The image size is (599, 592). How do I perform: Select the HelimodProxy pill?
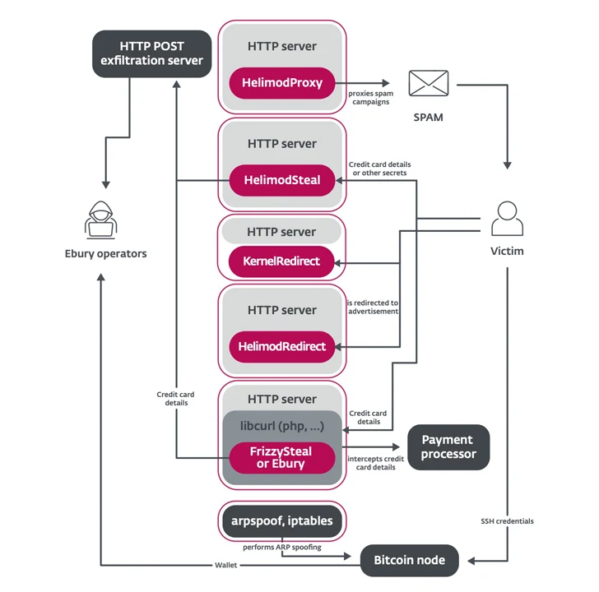point(282,83)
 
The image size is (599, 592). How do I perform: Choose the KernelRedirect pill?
point(282,261)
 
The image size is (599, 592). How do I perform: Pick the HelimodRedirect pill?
point(282,346)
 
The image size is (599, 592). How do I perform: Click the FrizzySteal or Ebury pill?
point(282,457)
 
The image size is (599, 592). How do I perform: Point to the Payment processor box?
point(448,447)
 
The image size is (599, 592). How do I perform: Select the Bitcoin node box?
point(409,560)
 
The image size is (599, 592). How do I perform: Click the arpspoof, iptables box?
point(282,520)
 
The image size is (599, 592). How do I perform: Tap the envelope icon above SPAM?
point(428,84)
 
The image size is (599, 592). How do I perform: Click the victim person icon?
point(507,220)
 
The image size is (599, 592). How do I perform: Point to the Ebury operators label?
point(105,253)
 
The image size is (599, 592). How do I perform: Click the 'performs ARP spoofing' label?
point(282,546)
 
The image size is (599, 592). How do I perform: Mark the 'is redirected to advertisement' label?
point(373,308)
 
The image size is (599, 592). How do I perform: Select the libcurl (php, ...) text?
point(282,426)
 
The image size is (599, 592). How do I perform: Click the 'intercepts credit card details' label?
point(375,462)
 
